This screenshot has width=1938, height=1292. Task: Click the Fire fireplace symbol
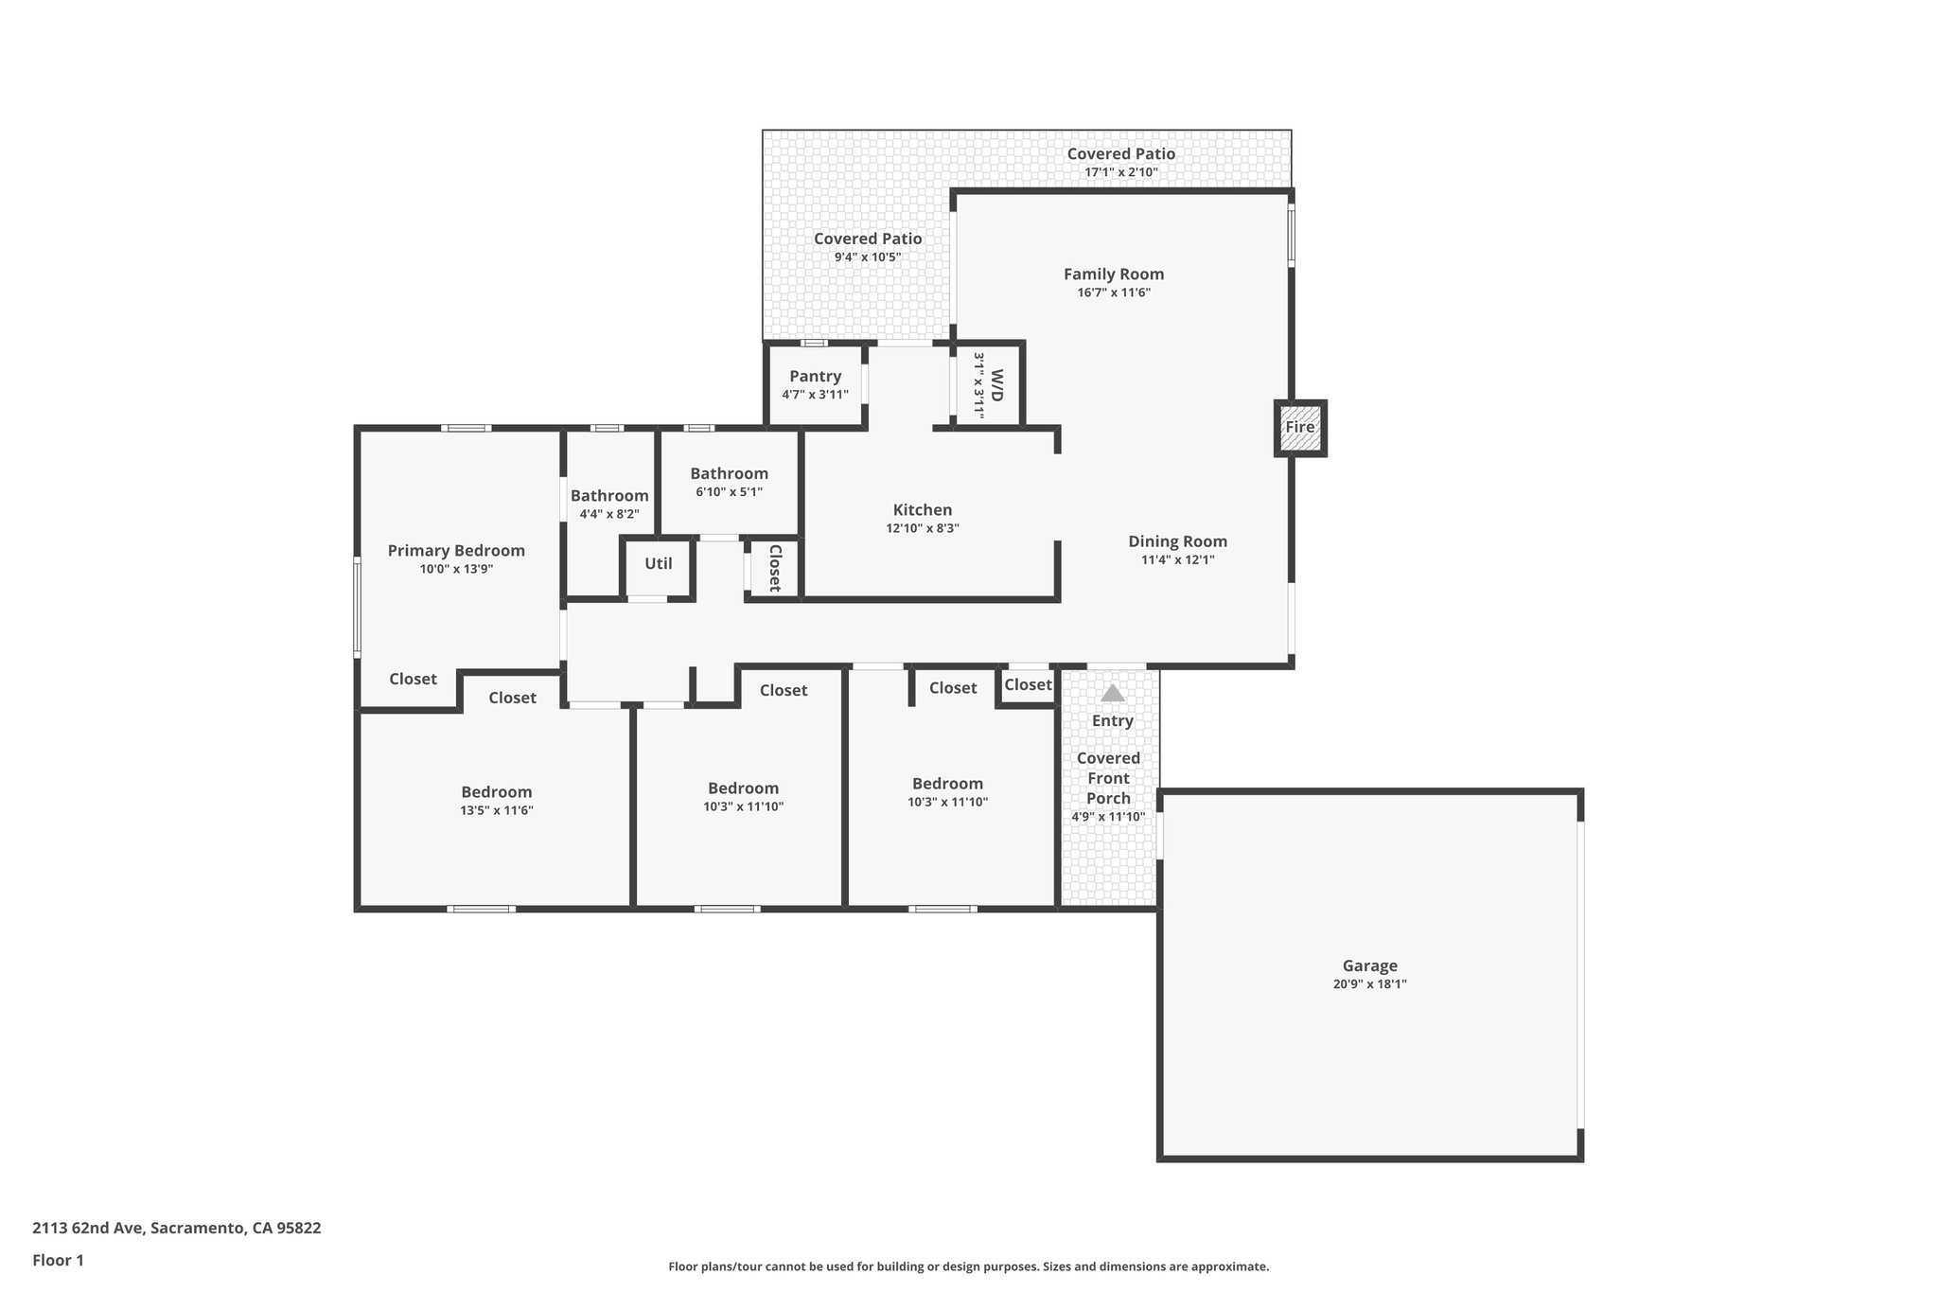1300,428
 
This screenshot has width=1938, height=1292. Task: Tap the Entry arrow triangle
1113,694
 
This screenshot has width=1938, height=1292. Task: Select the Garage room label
1369,966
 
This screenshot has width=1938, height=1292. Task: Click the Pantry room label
815,377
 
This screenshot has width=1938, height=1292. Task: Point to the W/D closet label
995,385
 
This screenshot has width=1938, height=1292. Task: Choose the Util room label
659,564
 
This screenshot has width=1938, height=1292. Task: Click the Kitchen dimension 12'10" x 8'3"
923,529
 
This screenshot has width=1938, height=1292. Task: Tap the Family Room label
1114,274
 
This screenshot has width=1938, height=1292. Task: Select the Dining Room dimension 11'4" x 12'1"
1177,560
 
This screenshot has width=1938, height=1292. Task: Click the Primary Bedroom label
456,551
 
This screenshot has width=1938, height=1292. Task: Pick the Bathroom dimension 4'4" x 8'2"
609,515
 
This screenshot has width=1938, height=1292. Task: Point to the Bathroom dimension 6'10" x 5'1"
729,492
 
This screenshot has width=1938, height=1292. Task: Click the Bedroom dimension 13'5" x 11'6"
497,811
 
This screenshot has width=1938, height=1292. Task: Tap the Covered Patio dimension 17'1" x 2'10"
1121,173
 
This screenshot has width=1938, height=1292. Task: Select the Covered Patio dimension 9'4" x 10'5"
867,257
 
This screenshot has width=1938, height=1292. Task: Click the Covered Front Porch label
1108,778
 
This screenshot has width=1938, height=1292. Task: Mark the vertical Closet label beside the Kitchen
775,568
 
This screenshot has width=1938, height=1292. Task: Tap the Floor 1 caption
58,1261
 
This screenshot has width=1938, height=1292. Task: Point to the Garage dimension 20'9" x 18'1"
1369,984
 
